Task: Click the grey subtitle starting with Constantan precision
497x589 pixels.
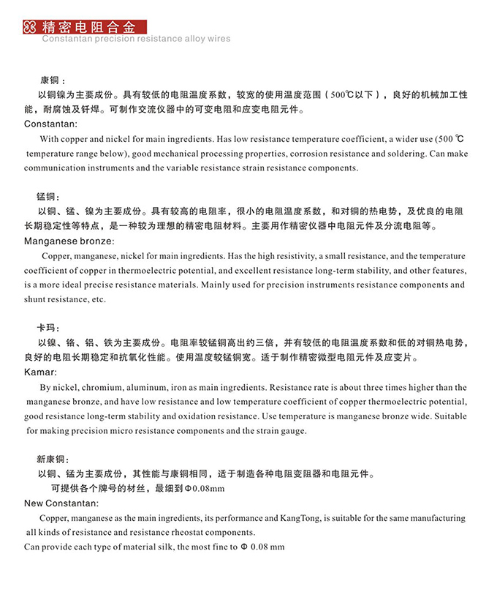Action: point(136,39)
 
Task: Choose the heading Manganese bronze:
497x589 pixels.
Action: point(69,241)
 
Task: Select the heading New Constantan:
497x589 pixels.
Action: point(61,503)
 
